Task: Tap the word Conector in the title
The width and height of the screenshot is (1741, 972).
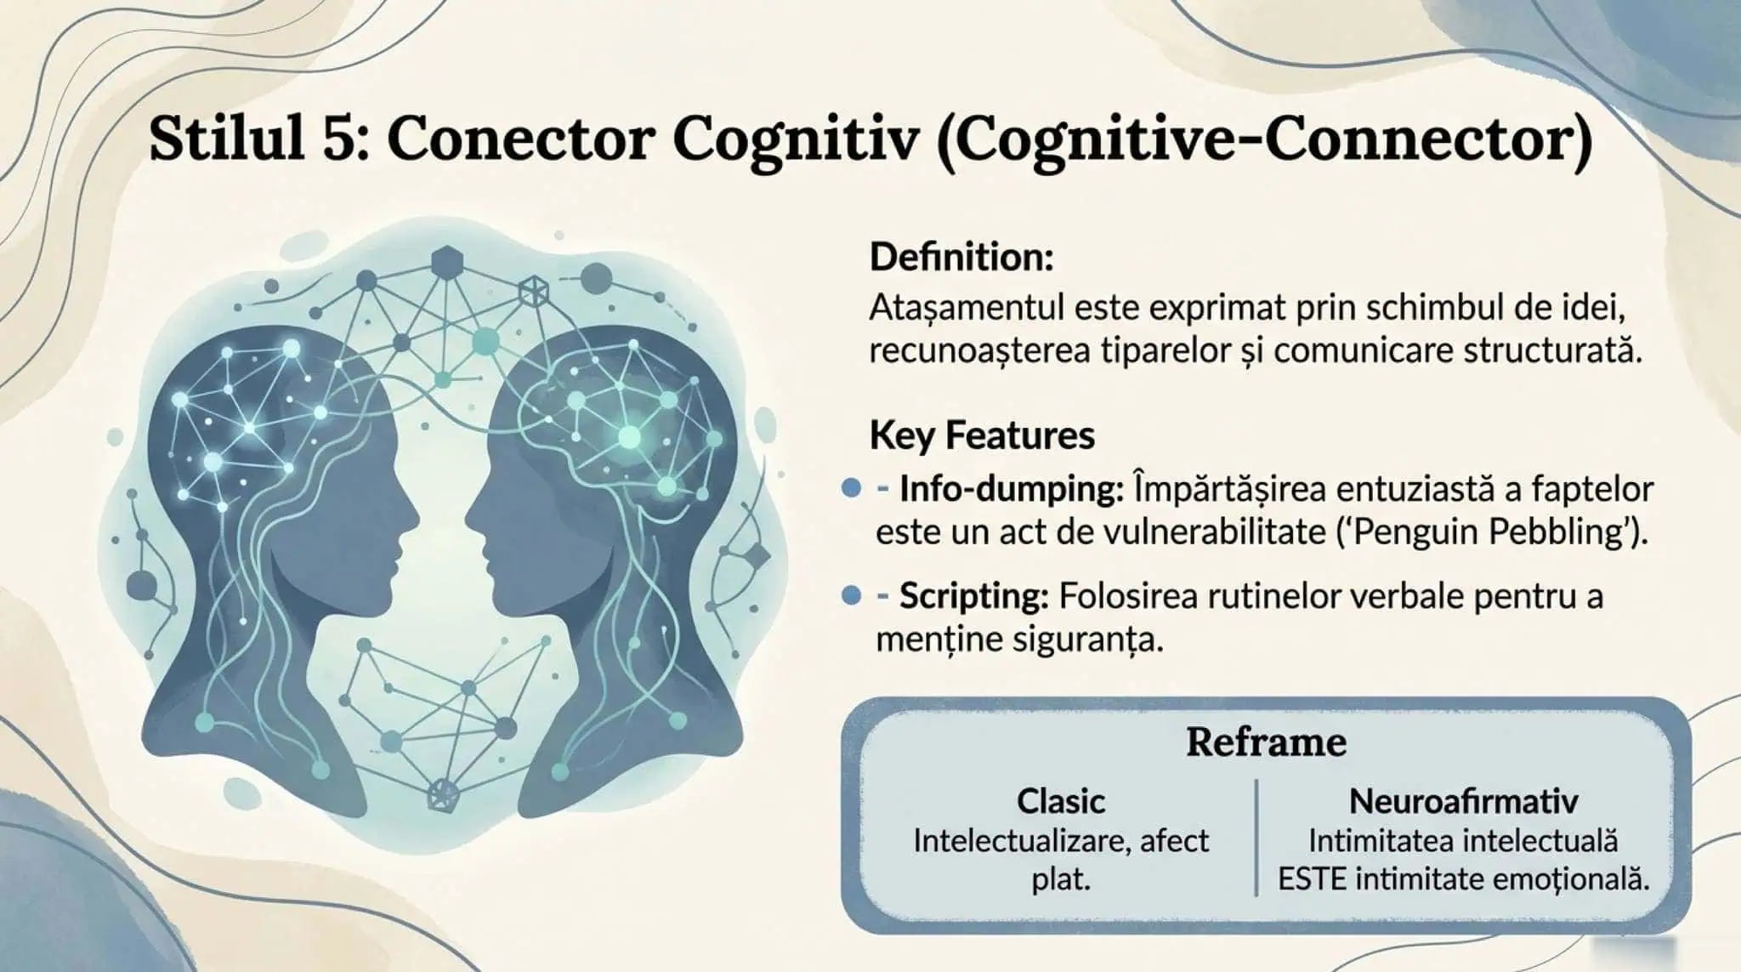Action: coord(520,139)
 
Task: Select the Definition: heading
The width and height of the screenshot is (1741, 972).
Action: coord(961,257)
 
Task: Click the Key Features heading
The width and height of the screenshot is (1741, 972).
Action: coord(982,435)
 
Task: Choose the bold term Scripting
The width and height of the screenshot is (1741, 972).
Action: coord(973,596)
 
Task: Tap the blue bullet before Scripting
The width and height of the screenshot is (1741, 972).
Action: coord(851,595)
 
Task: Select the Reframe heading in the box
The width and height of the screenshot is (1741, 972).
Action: coord(1266,742)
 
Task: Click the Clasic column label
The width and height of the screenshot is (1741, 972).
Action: coord(1061,801)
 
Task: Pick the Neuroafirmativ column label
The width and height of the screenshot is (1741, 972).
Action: coord(1463,801)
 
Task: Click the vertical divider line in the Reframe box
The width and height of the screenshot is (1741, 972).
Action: coord(1256,838)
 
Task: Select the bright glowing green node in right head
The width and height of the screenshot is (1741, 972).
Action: coord(629,437)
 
